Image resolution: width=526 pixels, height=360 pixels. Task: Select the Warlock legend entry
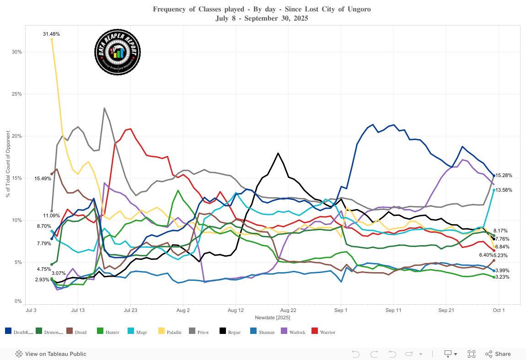click(295, 332)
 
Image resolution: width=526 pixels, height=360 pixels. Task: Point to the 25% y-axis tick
click(16, 94)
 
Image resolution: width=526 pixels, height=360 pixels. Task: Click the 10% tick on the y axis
click(16, 220)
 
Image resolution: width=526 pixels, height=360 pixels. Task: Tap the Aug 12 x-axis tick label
click(236, 310)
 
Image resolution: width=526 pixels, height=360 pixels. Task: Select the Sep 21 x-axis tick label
click(446, 310)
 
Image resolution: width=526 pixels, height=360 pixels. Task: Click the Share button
click(498, 354)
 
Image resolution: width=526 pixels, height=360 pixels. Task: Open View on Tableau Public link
click(51, 354)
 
